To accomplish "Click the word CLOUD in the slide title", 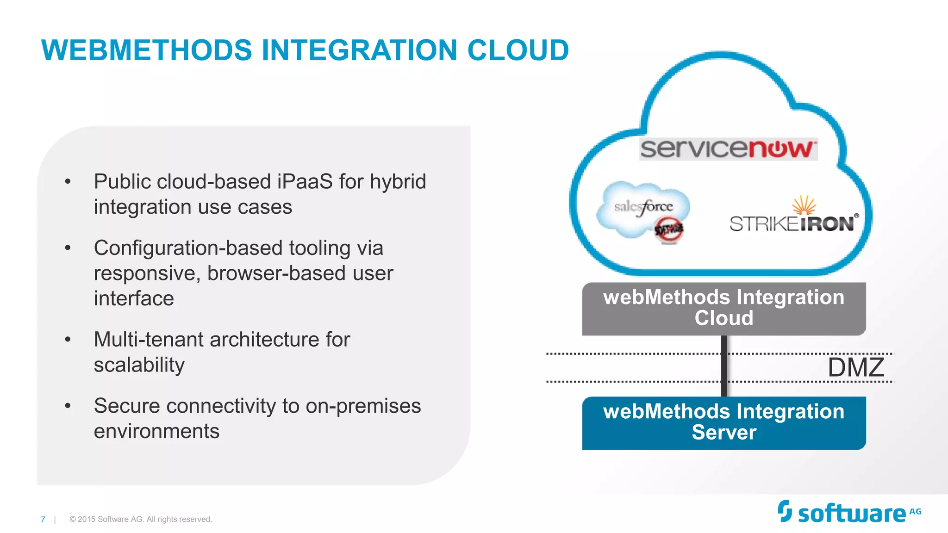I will [x=518, y=50].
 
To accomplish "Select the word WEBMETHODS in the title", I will [x=147, y=50].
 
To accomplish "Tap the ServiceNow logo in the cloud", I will [x=728, y=149].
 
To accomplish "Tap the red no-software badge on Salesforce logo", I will [x=669, y=229].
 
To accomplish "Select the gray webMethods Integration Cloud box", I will [x=723, y=308].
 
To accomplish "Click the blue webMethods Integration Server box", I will [x=723, y=422].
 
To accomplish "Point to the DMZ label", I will [x=856, y=368].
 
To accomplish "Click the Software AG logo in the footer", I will [x=849, y=512].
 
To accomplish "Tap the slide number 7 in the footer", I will [x=43, y=519].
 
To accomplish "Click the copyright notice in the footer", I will [x=141, y=519].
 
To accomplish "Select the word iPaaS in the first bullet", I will [x=305, y=181].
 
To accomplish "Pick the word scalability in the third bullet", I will [x=139, y=365].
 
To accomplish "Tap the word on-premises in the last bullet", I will [x=363, y=406].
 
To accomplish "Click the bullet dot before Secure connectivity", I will [x=68, y=406].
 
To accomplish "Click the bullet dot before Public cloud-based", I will [x=68, y=181].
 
